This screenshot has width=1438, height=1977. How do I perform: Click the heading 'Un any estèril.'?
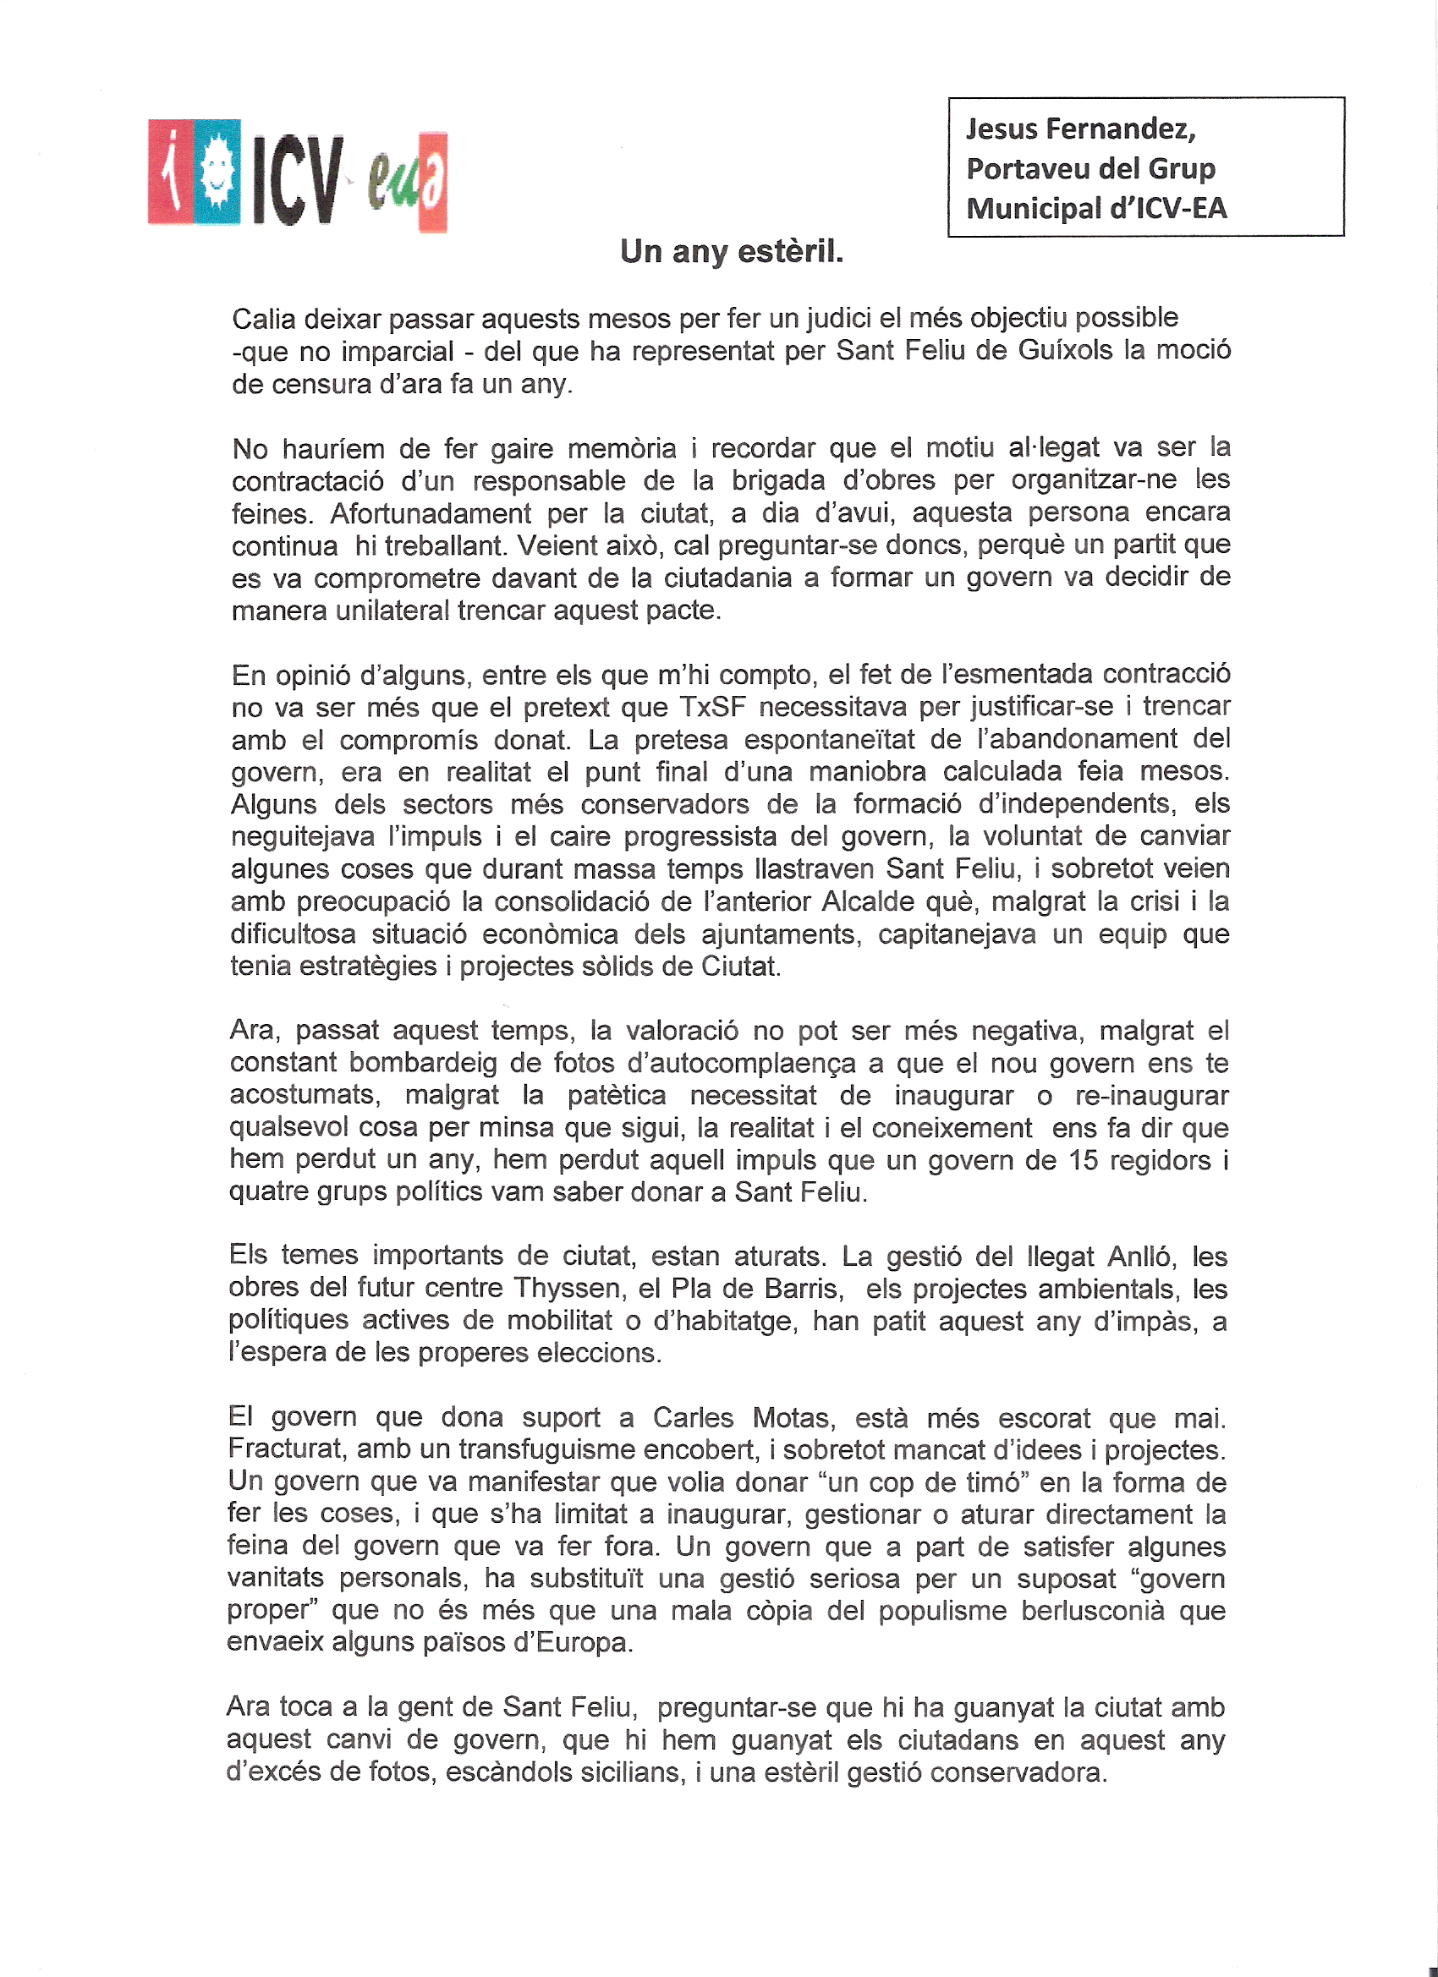point(731,252)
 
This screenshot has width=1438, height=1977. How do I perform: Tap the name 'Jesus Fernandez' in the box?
point(1079,129)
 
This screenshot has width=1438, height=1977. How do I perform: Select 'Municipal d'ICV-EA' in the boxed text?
point(1096,208)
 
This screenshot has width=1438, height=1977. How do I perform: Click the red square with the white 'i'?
point(170,171)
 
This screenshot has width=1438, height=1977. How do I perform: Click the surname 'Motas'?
point(788,1418)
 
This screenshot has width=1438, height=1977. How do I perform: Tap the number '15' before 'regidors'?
point(1084,1160)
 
